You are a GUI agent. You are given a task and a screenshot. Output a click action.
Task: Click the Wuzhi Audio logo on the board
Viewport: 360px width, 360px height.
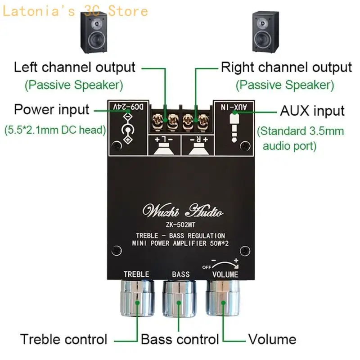(182, 211)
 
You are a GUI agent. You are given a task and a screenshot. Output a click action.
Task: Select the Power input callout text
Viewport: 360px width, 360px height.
(52, 109)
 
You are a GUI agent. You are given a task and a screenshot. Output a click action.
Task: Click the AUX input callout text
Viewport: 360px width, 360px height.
(312, 110)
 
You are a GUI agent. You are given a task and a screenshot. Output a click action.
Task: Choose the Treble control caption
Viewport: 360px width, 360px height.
(63, 339)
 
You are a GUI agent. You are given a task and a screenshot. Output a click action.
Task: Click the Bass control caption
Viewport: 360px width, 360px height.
(180, 339)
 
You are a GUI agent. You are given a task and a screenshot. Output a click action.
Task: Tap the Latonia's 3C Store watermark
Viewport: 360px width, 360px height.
(75, 10)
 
